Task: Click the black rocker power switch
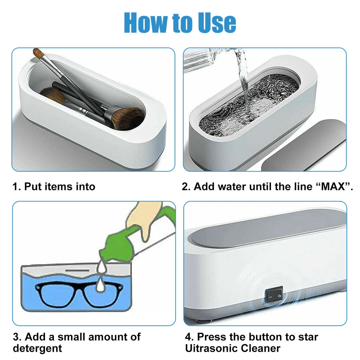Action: click(x=274, y=296)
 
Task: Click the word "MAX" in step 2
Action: click(x=333, y=186)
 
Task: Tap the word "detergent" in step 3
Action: click(x=37, y=348)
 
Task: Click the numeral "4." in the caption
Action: click(x=189, y=337)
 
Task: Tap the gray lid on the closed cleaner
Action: click(x=269, y=226)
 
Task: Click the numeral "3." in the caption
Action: click(x=17, y=337)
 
